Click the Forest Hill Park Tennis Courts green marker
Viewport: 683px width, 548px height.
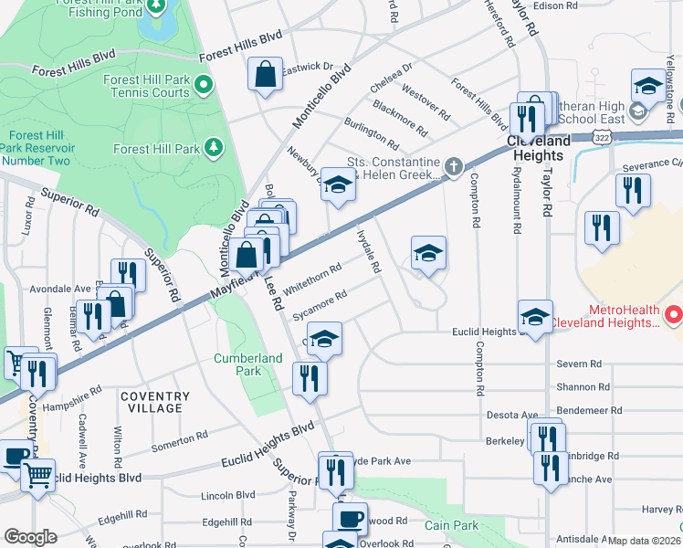coord(205,87)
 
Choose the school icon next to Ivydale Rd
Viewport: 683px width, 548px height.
coord(428,253)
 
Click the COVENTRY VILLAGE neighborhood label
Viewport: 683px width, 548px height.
coord(155,402)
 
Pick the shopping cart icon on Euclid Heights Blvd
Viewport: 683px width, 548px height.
coord(38,474)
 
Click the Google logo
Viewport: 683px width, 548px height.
coord(31,537)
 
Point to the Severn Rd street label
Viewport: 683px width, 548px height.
coord(578,364)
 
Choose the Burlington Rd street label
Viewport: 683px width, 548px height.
coord(371,133)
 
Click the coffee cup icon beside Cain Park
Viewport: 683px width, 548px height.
coord(350,518)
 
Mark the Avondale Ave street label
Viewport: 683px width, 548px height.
coord(59,289)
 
